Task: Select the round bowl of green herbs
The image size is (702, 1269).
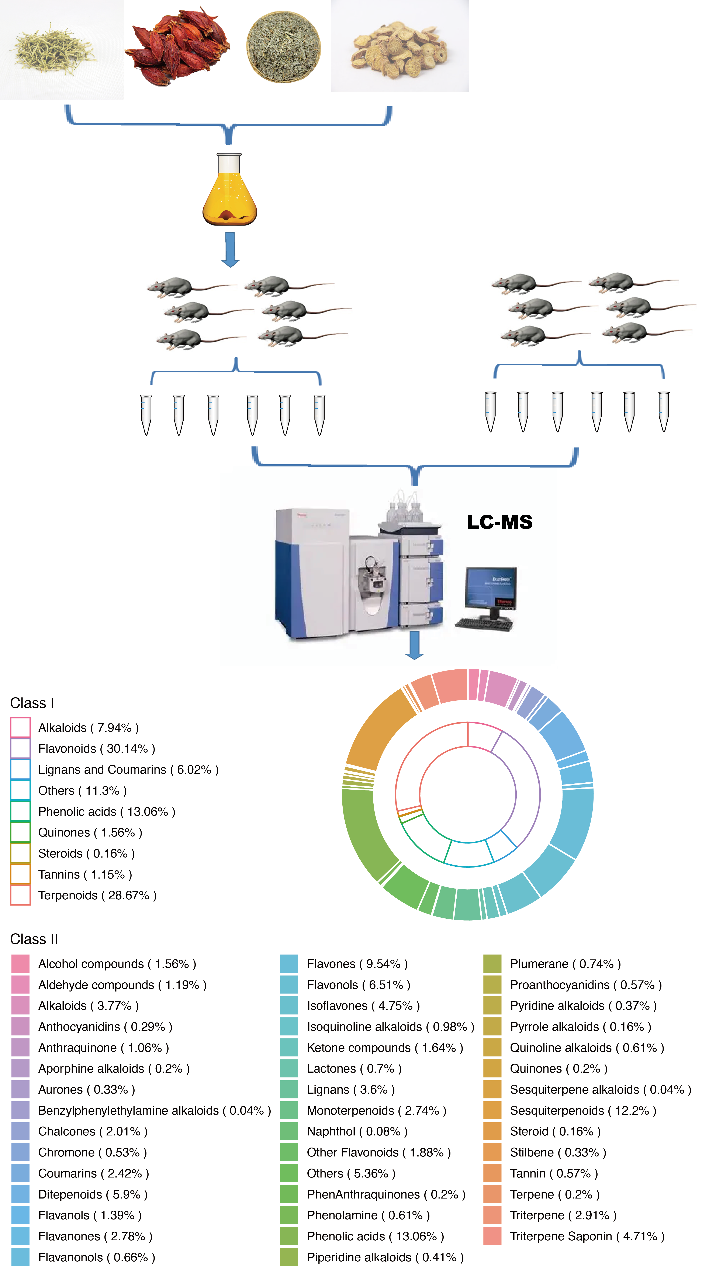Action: [284, 47]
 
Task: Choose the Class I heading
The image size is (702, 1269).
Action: [32, 703]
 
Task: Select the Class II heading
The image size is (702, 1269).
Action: [34, 939]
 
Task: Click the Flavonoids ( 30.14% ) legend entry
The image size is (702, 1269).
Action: [97, 749]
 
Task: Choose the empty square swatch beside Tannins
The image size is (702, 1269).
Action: [20, 874]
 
